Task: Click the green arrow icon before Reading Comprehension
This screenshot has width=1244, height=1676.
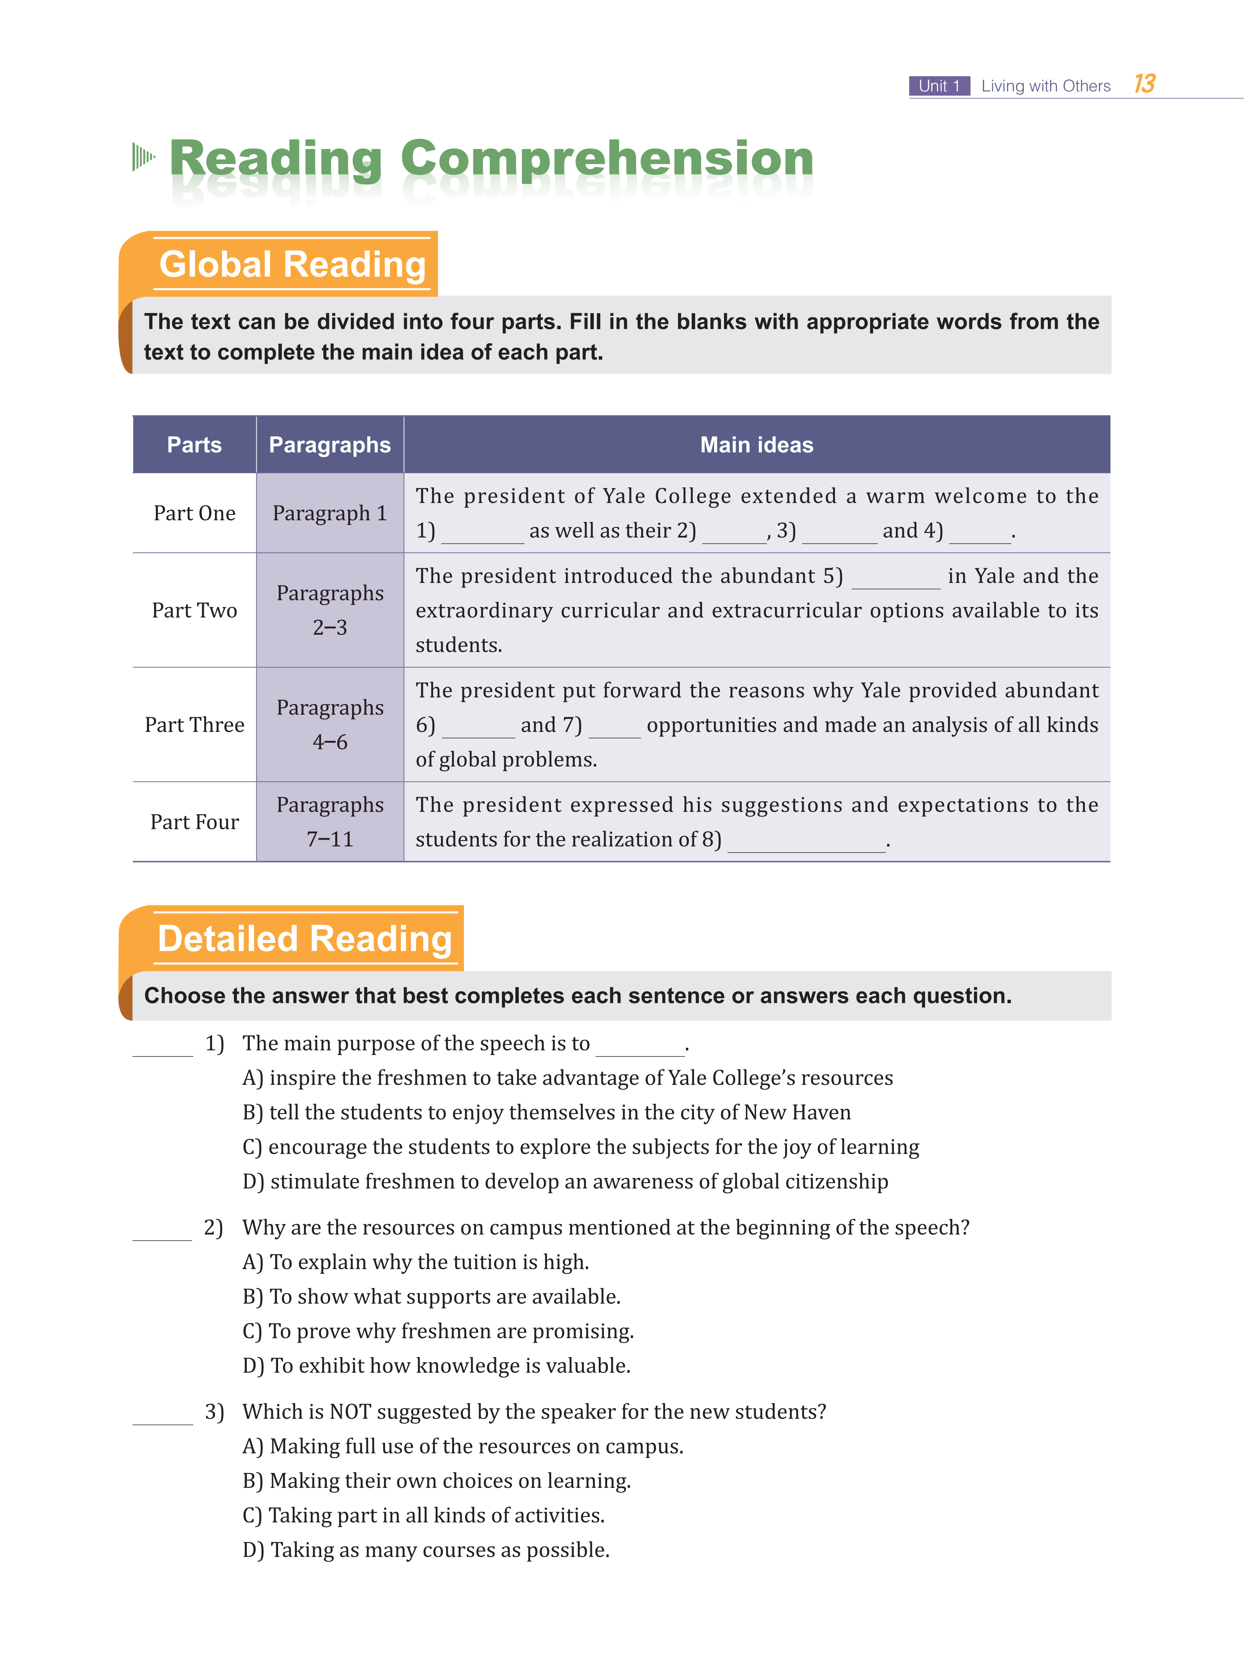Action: [x=143, y=157]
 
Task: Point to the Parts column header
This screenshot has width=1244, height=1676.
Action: [x=194, y=444]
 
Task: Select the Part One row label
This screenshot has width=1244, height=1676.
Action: [x=194, y=513]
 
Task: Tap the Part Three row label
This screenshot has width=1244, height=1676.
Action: [x=194, y=725]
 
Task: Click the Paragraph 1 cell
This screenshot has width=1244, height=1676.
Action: [x=330, y=513]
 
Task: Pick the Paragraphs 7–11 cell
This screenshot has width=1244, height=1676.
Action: [x=330, y=822]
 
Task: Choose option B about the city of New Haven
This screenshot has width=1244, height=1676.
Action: [x=547, y=1113]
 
